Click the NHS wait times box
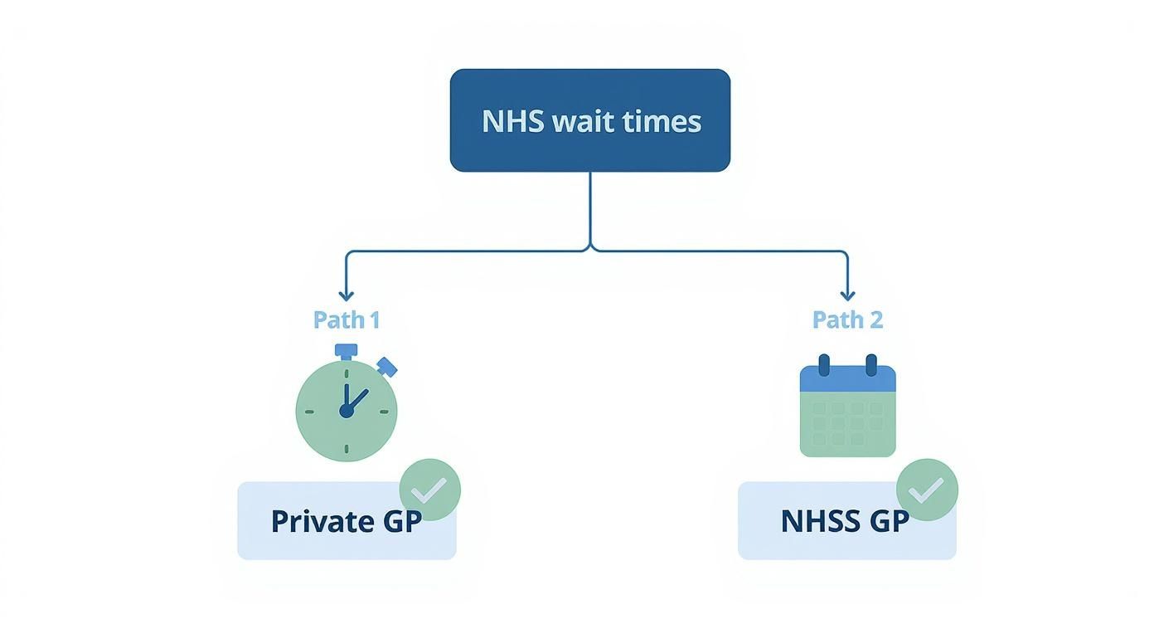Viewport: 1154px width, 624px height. tap(589, 120)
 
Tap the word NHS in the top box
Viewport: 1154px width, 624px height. tap(512, 121)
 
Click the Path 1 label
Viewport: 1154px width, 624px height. tap(347, 319)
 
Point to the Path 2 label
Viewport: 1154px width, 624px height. tap(847, 319)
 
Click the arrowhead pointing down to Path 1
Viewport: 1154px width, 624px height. tap(347, 295)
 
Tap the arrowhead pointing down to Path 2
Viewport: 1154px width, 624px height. tap(846, 295)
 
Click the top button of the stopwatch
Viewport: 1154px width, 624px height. tap(347, 350)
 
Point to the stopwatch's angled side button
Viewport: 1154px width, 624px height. tap(386, 367)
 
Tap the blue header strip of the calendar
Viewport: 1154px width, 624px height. tap(847, 380)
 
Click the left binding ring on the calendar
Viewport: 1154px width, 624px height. tap(824, 365)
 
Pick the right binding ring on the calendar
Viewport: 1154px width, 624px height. tap(870, 365)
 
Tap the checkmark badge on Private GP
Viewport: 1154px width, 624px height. tap(429, 490)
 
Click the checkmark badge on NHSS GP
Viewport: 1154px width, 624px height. tap(927, 490)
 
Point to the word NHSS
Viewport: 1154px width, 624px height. tap(819, 521)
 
